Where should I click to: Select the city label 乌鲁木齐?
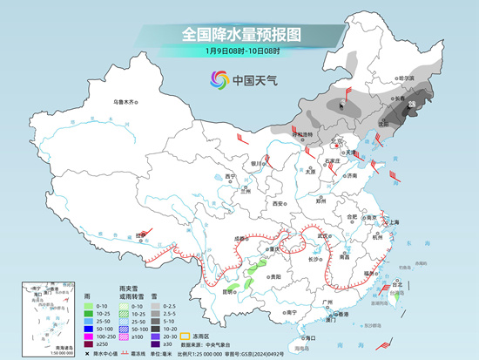coord(126,102)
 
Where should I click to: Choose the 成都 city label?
coord(239,237)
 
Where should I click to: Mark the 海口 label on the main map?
coord(307,336)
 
